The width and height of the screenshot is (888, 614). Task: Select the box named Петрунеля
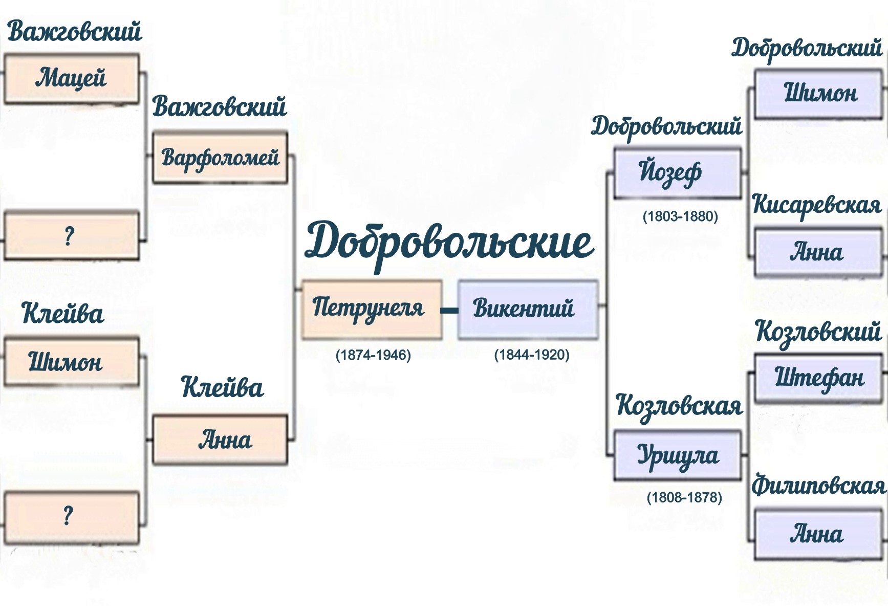tap(372, 309)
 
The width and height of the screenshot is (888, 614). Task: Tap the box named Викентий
tap(527, 309)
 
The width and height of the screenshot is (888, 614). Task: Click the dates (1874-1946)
tap(373, 355)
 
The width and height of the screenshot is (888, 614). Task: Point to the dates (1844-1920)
tap(532, 355)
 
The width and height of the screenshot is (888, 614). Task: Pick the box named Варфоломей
tap(220, 158)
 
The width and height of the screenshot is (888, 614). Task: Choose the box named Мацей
tap(72, 79)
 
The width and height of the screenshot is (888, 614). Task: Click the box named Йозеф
tap(677, 172)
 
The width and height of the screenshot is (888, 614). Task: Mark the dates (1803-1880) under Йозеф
tap(680, 216)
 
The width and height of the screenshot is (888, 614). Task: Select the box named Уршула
tap(677, 455)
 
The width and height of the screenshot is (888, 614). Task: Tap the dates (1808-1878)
tap(684, 497)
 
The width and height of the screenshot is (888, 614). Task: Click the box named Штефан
tap(818, 379)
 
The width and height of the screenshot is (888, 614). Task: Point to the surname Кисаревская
tap(817, 205)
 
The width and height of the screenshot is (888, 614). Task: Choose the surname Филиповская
tap(818, 485)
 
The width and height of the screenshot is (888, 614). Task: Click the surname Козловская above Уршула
tap(679, 406)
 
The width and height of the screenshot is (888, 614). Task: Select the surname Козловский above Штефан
tap(818, 332)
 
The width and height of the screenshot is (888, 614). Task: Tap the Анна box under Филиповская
tap(817, 534)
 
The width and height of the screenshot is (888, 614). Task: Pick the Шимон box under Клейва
tap(72, 361)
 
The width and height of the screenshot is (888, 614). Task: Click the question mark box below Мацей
tap(72, 236)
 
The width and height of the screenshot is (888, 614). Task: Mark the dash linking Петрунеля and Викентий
tap(449, 310)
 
